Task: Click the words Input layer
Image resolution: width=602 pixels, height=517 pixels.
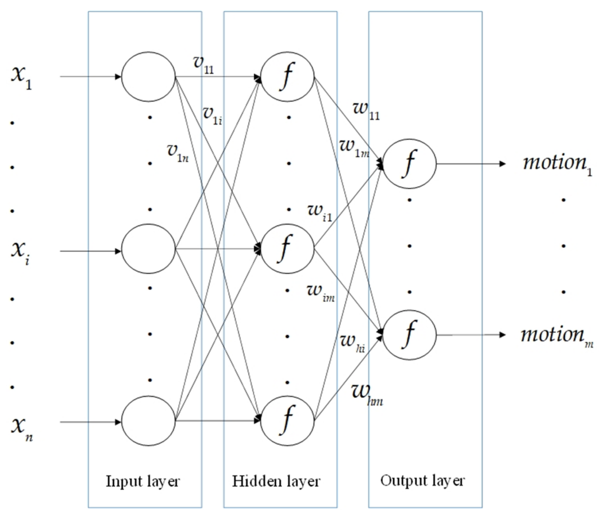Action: click(143, 482)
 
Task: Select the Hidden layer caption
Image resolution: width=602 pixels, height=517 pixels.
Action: click(276, 482)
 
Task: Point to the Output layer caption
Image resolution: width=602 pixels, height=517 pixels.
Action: click(422, 481)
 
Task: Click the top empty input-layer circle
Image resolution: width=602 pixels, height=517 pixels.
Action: click(148, 77)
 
